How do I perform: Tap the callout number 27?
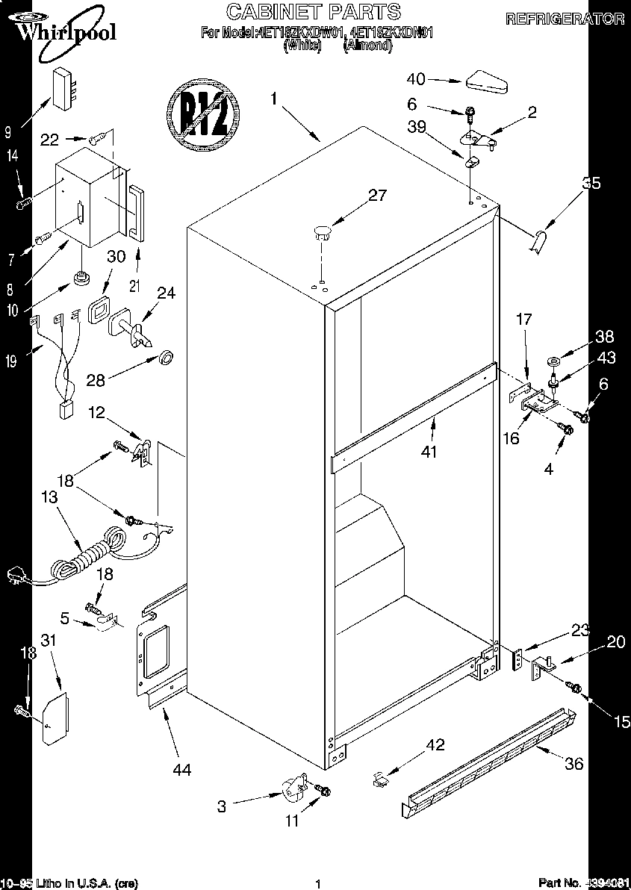[x=378, y=196]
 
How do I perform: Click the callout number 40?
[x=416, y=78]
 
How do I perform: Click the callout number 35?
[x=590, y=184]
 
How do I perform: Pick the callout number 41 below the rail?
[x=429, y=451]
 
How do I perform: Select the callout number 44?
[x=181, y=769]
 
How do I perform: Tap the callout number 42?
[x=435, y=744]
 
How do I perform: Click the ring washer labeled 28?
[x=166, y=358]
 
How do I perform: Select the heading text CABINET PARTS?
[x=313, y=11]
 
